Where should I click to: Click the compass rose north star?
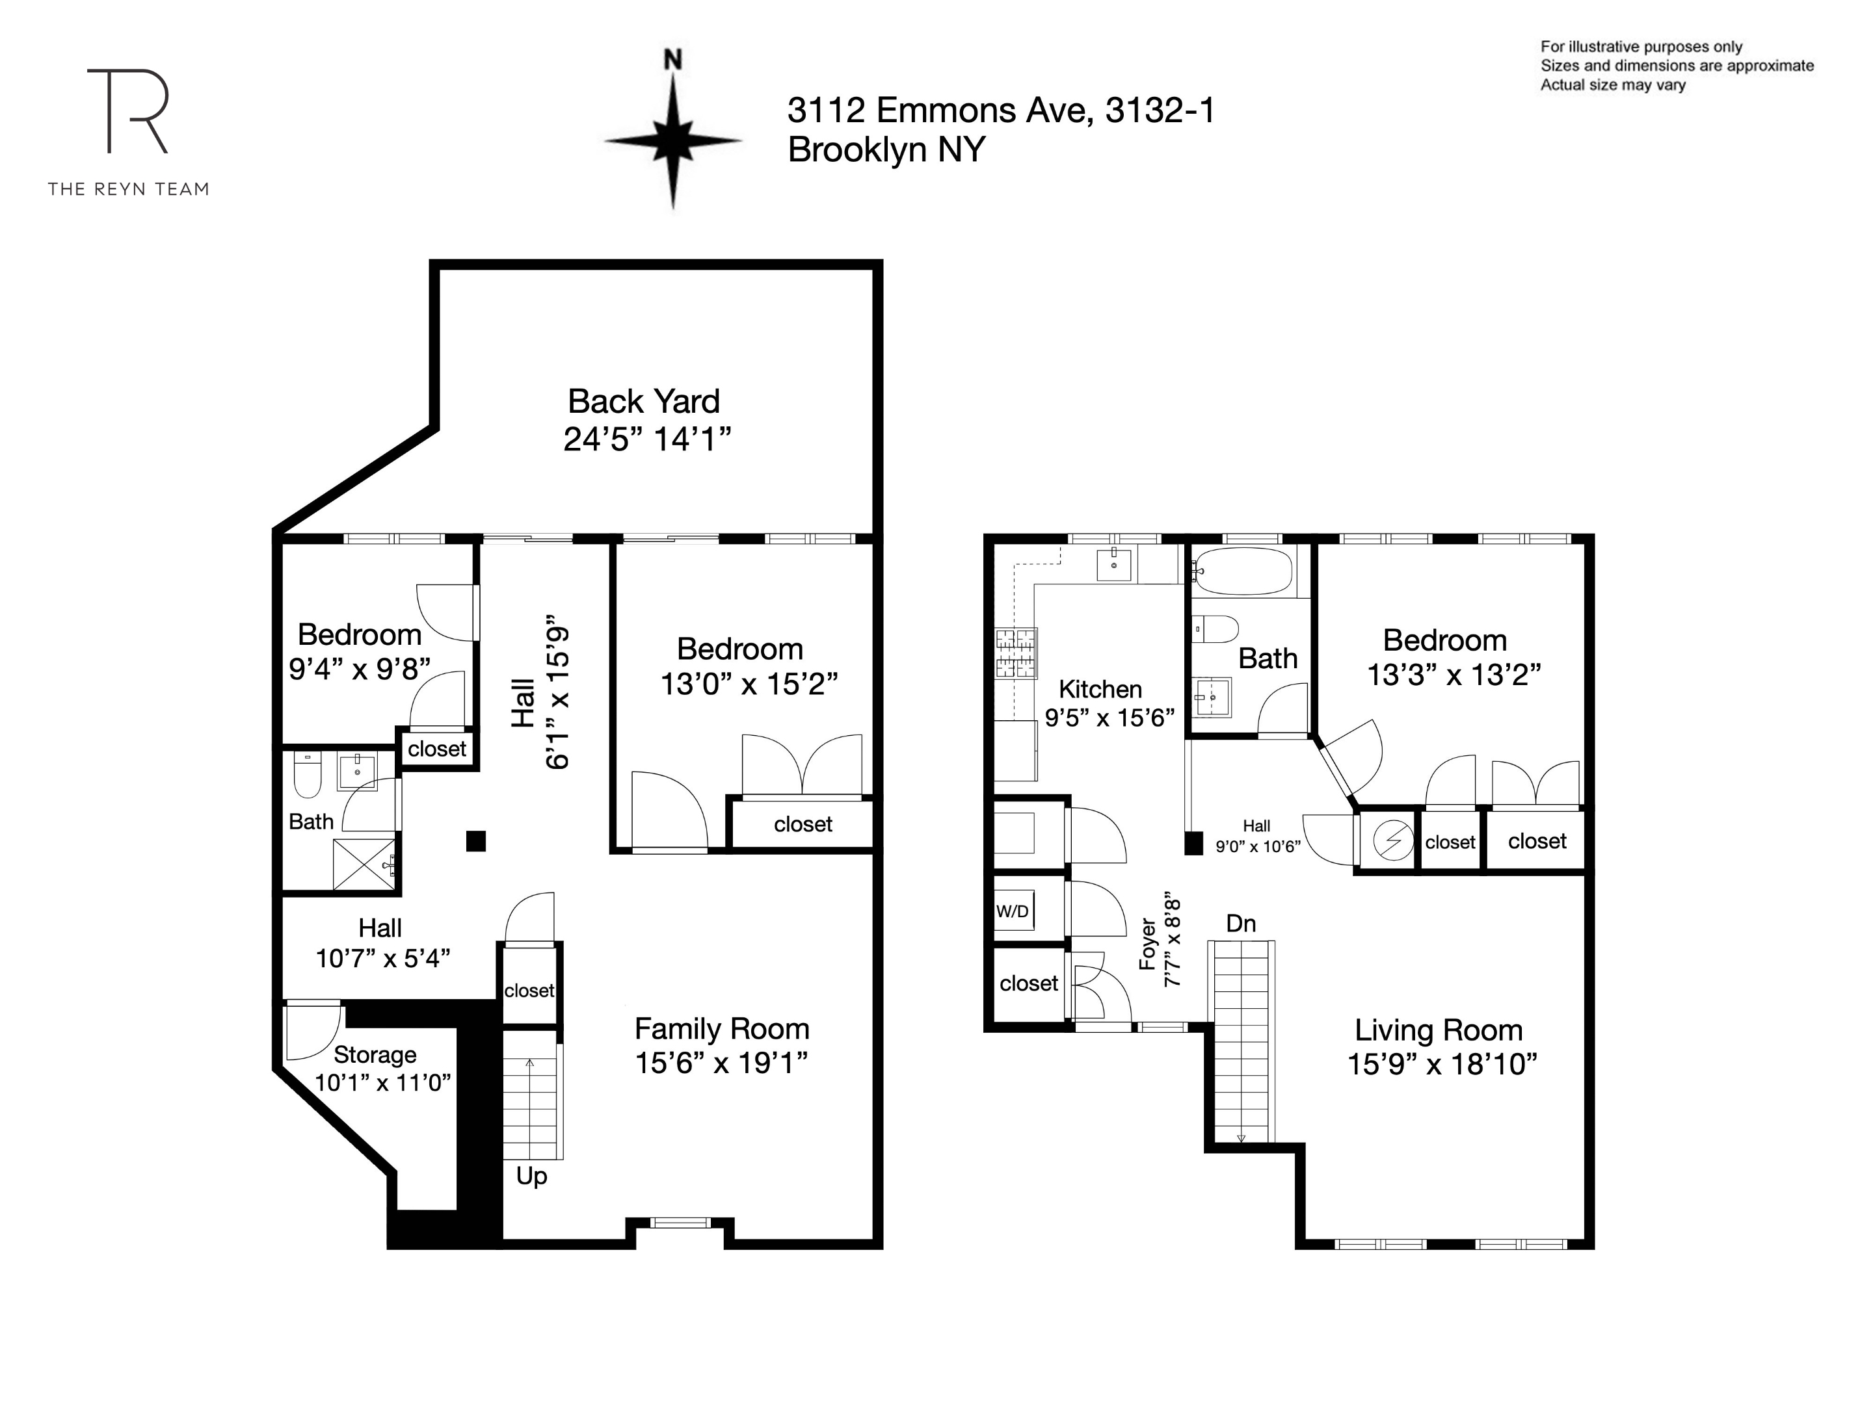(673, 140)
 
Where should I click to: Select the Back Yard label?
(644, 401)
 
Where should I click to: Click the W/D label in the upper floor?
(1013, 911)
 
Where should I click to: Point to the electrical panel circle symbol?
(1393, 841)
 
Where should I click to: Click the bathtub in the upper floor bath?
(1242, 571)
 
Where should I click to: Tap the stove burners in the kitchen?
(1015, 653)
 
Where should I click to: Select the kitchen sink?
(1113, 564)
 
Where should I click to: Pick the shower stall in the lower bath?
(364, 864)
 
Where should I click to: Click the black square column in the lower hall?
(476, 841)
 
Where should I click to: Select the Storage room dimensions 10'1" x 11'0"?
(382, 1082)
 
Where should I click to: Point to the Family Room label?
(721, 1028)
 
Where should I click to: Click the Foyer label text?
(1148, 944)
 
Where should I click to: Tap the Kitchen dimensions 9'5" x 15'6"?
(1109, 718)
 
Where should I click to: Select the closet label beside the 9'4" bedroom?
(437, 749)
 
